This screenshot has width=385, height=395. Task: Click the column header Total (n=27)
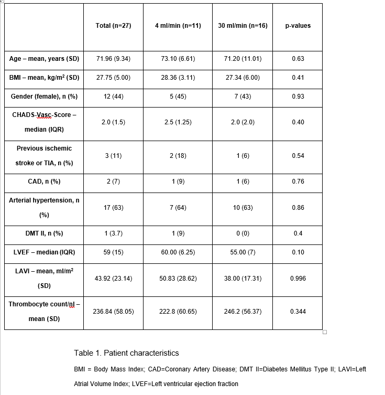point(113,26)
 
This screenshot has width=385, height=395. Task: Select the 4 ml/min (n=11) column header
point(178,26)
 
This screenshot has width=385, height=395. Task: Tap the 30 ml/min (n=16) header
point(243,26)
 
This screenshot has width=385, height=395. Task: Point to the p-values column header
point(298,26)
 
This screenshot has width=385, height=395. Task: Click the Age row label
point(44,59)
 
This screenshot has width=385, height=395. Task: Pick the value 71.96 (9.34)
point(113,59)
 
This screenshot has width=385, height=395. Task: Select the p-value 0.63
point(298,59)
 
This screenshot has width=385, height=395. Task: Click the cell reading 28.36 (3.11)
point(178,78)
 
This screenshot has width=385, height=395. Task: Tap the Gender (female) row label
point(44,97)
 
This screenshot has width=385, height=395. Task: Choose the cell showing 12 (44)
point(113,97)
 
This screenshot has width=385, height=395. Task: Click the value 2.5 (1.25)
point(178,122)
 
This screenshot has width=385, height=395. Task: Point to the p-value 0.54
point(298,156)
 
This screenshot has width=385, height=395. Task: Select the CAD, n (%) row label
point(44,182)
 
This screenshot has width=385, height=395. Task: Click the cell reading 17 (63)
point(113,208)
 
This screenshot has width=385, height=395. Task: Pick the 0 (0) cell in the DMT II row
point(243,233)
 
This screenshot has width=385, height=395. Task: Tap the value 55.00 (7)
point(243,252)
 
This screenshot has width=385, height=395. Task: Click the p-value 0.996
point(298,279)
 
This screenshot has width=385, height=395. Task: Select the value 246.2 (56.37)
point(243,312)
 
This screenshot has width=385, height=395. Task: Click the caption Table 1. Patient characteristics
point(126,353)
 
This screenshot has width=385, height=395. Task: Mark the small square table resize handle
point(325,332)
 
